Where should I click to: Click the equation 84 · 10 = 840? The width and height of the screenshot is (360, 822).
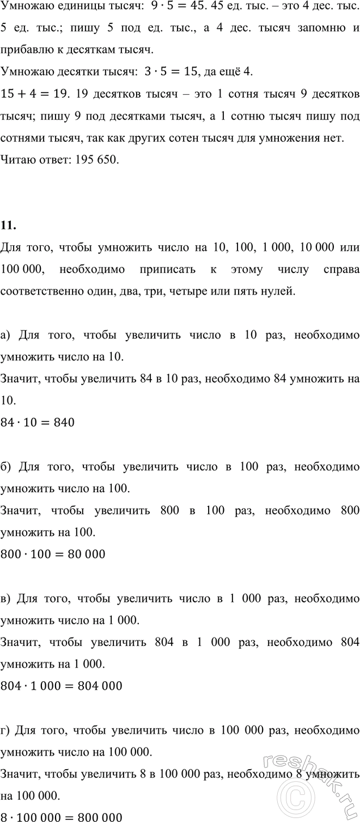(x=38, y=422)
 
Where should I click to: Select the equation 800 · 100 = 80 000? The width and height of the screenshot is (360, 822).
(x=53, y=553)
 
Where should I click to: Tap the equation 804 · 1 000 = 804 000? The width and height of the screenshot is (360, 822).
(x=62, y=685)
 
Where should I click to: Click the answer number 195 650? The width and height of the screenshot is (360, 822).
(x=100, y=161)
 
